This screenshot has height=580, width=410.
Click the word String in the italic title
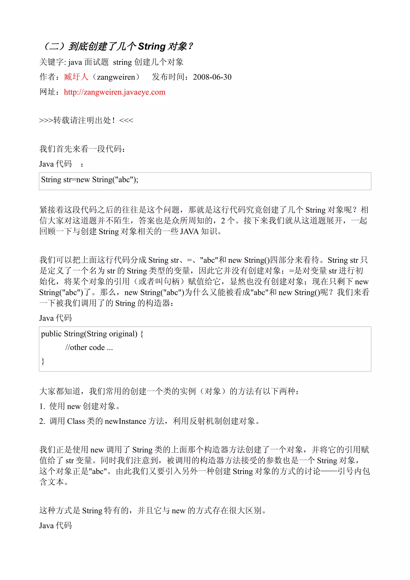coord(152,46)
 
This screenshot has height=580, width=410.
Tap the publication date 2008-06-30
coord(212,77)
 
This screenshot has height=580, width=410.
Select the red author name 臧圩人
coord(76,77)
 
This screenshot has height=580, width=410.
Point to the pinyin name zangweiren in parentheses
coord(116,77)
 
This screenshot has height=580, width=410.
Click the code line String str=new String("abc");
coord(90,180)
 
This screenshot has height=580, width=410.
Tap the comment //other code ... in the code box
coord(89,348)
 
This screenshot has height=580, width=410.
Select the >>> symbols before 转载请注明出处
coord(46,120)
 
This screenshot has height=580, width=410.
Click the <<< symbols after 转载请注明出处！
coord(126,120)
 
